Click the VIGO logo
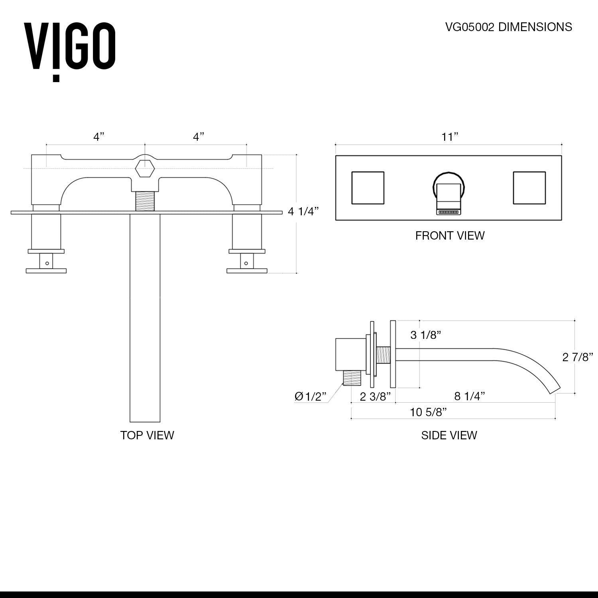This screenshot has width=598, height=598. [70, 50]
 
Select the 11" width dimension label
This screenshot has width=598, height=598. [449, 137]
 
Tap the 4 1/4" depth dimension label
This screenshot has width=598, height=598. [303, 211]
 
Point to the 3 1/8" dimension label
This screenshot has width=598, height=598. [426, 335]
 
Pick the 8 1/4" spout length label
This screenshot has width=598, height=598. [470, 396]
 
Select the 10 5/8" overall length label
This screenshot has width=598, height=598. [428, 412]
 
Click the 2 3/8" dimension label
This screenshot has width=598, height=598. [375, 397]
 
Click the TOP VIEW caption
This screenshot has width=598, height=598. [147, 435]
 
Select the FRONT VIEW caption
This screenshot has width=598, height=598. [450, 236]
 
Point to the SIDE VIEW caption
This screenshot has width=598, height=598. [449, 435]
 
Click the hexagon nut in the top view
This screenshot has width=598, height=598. [144, 168]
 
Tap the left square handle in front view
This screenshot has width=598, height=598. [368, 188]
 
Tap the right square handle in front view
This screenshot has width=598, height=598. [529, 188]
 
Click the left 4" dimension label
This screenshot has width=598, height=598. [98, 137]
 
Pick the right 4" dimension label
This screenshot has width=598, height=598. [199, 137]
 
